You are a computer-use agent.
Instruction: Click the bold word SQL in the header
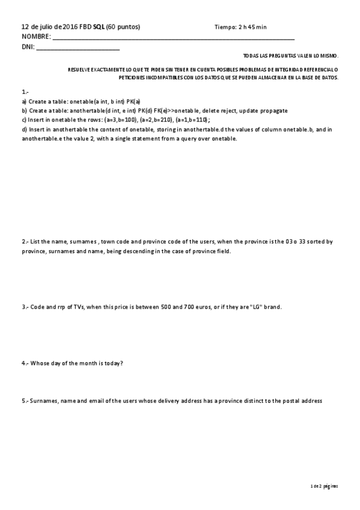click(99, 27)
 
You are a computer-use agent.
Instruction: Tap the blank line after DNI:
click(78, 47)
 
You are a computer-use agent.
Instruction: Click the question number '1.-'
click(25, 92)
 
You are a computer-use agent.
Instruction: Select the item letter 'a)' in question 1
click(24, 102)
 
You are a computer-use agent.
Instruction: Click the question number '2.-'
click(25, 242)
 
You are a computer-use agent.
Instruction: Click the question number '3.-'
click(25, 307)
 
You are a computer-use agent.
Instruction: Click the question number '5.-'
click(25, 401)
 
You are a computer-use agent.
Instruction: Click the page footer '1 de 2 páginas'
click(325, 485)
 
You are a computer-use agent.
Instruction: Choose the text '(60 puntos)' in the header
click(123, 27)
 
